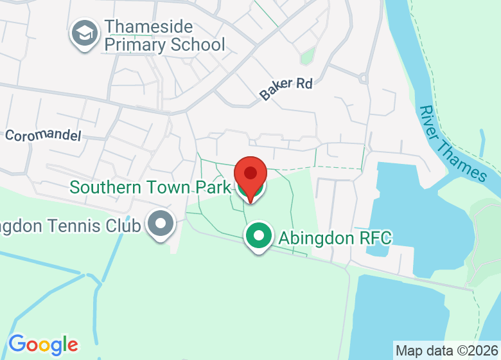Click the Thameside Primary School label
tap(164, 35)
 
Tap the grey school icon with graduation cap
tap(85, 34)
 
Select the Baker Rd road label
tap(286, 88)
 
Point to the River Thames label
tap(452, 143)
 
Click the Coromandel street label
tap(43, 136)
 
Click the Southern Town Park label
tap(150, 187)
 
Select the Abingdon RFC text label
tap(335, 238)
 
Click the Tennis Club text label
tap(71, 226)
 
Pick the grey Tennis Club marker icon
tap(160, 224)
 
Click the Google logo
tap(43, 345)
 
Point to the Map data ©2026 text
tap(446, 351)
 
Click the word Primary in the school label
tap(135, 44)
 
